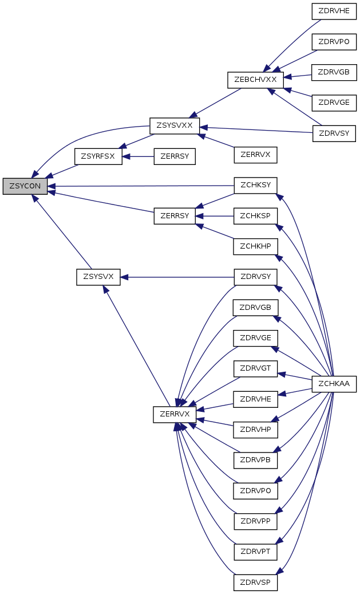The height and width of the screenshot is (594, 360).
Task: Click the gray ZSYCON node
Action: [x=25, y=186]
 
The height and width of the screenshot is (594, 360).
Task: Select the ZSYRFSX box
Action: [x=98, y=156]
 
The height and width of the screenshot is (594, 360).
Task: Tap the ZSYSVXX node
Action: [x=175, y=126]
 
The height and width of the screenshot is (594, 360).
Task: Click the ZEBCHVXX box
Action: [x=255, y=80]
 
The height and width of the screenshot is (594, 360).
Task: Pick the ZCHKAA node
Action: [x=334, y=384]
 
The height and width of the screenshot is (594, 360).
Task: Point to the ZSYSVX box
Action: [x=98, y=277]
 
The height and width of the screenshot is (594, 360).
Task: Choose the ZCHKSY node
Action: [x=255, y=185]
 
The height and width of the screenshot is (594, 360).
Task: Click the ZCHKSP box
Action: [x=255, y=216]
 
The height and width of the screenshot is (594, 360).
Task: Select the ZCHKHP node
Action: [x=255, y=247]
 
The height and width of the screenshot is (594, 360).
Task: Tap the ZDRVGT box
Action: [x=255, y=368]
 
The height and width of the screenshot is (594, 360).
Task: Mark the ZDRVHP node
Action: [x=255, y=430]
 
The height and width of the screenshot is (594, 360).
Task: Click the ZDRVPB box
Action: [x=255, y=461]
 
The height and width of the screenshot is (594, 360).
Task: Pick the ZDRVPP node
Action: [x=255, y=521]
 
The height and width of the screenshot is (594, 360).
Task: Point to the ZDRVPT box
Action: [x=255, y=552]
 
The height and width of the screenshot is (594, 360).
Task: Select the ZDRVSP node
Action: [x=255, y=582]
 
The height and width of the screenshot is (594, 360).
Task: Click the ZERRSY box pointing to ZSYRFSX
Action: [x=175, y=156]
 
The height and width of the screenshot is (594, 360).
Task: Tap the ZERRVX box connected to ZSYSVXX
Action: [x=255, y=155]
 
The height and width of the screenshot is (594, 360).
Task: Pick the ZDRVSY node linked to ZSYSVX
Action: [x=255, y=277]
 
